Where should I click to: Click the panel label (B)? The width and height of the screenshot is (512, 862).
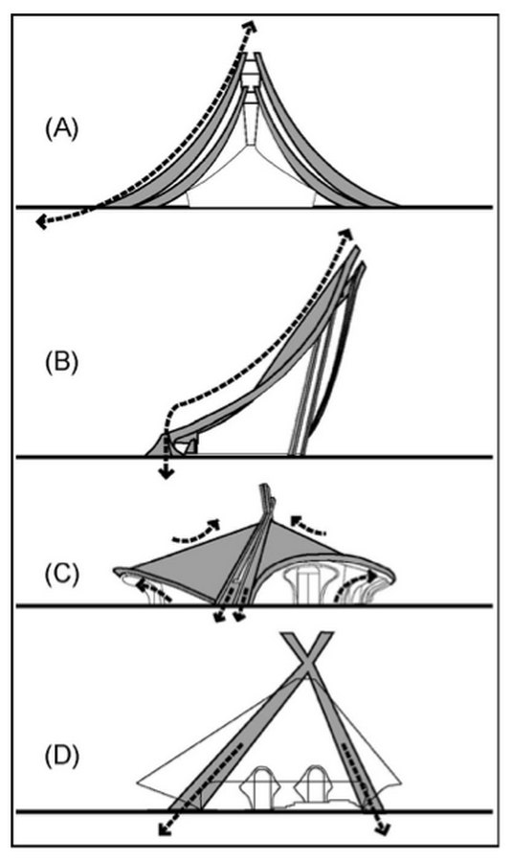click(61, 362)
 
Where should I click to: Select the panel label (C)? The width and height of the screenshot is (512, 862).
click(61, 574)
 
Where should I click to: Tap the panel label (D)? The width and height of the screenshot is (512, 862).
click(61, 756)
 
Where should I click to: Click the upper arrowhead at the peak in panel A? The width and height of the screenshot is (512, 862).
click(251, 25)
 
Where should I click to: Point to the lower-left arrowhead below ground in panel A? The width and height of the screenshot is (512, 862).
click(41, 221)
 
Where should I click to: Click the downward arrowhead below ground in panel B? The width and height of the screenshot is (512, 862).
click(166, 473)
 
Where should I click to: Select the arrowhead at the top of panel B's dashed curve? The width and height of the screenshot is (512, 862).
click(346, 234)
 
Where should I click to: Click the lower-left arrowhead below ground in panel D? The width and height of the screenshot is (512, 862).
click(164, 829)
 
